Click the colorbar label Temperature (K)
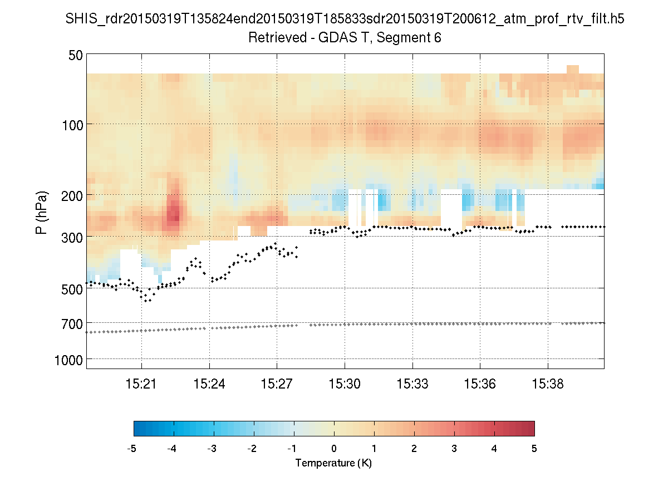(x=333, y=463)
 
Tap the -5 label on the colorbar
(x=132, y=449)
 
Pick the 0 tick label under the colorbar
(x=334, y=449)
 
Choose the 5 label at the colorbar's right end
(x=534, y=449)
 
